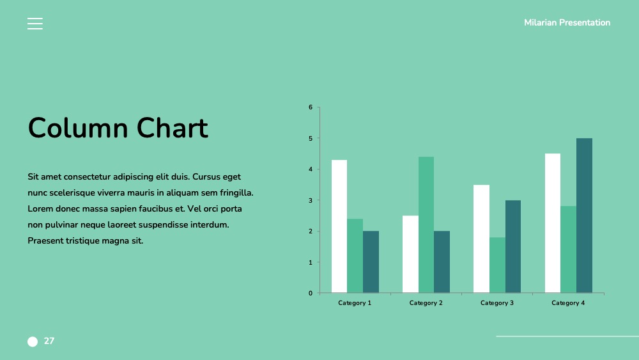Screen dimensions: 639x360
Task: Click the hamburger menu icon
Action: coord(35,24)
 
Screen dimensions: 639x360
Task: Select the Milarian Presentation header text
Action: coord(567,22)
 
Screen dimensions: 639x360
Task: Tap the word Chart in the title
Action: coord(173,128)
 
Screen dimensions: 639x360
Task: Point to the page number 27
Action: coord(49,341)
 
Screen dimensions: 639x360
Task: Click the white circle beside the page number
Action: coord(33,341)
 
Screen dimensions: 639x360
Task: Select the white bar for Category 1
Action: coord(339,226)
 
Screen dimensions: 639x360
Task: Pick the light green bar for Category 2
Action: coord(426,224)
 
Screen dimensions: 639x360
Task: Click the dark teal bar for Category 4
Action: coord(585,215)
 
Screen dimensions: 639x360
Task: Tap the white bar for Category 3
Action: coord(481,239)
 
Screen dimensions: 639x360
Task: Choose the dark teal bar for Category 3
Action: coord(513,246)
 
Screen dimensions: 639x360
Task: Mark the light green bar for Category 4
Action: coord(569,249)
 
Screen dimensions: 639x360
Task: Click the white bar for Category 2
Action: coord(410,254)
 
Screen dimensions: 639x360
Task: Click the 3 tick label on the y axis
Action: coord(311,200)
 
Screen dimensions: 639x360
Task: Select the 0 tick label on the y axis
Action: coord(311,293)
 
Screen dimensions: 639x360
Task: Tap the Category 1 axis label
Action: coord(355,303)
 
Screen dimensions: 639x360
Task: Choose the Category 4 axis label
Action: coord(568,303)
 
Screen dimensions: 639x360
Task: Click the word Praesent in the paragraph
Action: coord(45,240)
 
